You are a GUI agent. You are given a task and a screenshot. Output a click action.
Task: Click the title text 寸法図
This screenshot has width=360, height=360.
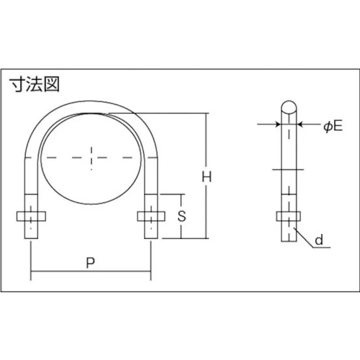(35, 84)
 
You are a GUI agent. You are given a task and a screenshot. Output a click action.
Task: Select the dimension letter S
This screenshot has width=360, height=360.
(182, 216)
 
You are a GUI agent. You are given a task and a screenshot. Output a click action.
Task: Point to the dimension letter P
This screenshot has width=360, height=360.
(90, 263)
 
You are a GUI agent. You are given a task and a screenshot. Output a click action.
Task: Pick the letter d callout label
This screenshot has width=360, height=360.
(319, 240)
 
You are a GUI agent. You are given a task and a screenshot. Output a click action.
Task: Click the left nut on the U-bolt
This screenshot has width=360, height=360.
(31, 216)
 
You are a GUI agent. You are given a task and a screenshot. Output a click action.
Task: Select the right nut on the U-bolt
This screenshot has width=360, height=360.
(151, 216)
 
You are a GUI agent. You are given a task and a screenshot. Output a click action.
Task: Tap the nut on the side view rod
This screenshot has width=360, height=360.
(289, 217)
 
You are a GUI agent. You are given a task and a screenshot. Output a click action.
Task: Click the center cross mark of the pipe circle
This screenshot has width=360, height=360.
(91, 158)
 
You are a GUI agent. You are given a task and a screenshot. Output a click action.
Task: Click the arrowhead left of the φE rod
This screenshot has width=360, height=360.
(278, 123)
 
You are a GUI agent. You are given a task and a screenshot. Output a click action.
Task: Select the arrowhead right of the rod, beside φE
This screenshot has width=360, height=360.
(300, 123)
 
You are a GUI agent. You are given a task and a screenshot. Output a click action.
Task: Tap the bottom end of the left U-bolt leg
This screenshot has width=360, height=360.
(31, 237)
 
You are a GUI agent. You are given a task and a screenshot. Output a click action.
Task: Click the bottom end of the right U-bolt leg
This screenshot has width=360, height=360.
(151, 237)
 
